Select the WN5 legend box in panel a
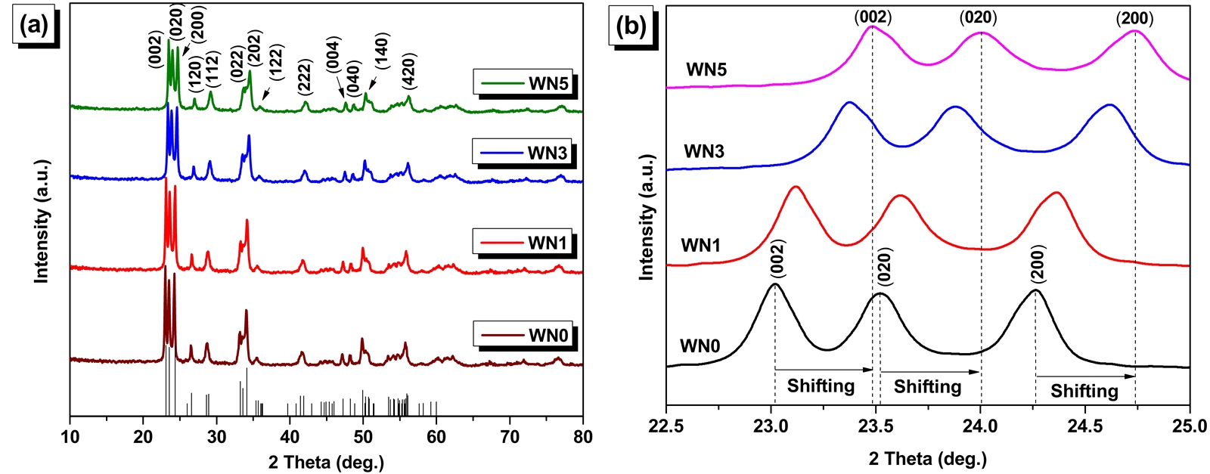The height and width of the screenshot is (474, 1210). coord(523,83)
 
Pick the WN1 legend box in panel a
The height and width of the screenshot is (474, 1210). coord(523,243)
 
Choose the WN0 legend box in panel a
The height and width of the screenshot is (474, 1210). coord(523,335)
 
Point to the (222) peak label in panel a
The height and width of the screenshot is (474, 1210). coord(305,77)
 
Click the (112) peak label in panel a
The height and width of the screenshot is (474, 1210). coord(212,70)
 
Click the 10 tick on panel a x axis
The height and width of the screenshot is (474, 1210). coord(70,436)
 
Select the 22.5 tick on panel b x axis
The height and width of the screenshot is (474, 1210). coord(666,425)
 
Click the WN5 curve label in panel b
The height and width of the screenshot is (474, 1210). coord(706,70)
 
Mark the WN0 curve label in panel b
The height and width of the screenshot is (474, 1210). coord(700,346)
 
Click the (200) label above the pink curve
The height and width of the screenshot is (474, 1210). coord(1135,18)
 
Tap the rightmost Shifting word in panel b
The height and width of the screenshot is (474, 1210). coord(1084,391)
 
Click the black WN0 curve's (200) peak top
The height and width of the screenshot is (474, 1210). coord(1035,291)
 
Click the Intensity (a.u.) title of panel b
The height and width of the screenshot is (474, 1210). coord(647,218)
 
